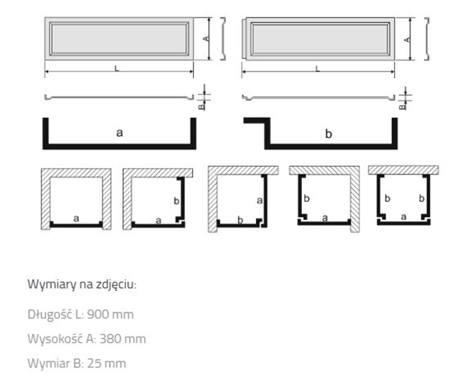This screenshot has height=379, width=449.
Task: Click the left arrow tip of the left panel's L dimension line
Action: (45, 71)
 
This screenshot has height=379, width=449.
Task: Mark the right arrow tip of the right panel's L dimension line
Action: (394, 72)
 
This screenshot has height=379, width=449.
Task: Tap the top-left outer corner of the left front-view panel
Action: (45, 18)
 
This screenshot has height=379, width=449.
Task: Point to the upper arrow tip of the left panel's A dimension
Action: (209, 18)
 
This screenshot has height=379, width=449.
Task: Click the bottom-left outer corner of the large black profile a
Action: (43, 149)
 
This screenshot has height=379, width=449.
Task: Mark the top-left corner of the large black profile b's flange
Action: (244, 118)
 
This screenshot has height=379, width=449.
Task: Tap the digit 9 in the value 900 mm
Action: (90, 314)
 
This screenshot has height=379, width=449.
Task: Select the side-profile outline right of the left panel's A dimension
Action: (223, 39)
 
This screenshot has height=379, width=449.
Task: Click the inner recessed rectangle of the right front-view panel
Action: (320, 39)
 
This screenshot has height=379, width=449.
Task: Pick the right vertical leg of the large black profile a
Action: (193, 133)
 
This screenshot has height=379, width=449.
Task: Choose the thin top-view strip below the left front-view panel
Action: (119, 98)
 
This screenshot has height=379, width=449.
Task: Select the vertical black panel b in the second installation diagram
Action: (181, 200)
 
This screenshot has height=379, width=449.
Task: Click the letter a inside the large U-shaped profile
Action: (119, 132)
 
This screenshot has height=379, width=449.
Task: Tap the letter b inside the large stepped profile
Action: (329, 134)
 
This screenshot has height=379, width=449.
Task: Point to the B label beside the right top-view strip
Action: (402, 107)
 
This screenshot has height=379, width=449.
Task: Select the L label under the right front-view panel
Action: (317, 69)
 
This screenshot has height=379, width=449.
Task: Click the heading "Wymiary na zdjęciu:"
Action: (82, 285)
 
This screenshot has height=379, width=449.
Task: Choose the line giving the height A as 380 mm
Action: (87, 339)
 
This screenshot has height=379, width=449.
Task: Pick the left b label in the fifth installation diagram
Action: (387, 198)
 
